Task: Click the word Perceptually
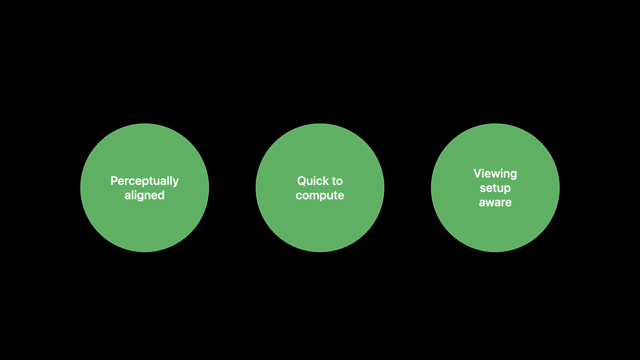(144, 181)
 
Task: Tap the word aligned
(144, 196)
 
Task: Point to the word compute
(320, 196)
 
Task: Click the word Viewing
(495, 174)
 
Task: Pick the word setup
(495, 188)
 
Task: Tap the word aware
(495, 202)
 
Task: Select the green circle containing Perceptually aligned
(145, 188)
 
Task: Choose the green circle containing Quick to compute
(320, 188)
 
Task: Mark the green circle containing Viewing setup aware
(495, 188)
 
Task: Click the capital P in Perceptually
(114, 181)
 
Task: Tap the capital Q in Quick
(302, 181)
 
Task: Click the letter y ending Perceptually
(176, 183)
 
